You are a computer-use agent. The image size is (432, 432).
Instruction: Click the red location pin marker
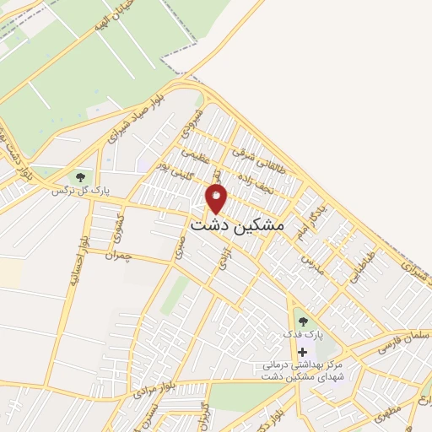coord(217,199)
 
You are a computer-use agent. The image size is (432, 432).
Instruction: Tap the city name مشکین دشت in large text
coord(237,226)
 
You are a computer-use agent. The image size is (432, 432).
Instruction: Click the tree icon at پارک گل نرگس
coord(81,177)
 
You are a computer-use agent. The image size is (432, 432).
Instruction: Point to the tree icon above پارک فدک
coord(302,321)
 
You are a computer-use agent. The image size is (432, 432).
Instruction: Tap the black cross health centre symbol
coord(302,351)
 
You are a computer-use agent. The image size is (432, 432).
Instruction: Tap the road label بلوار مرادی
coord(154,387)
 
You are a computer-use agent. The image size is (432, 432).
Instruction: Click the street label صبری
coord(179,246)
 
